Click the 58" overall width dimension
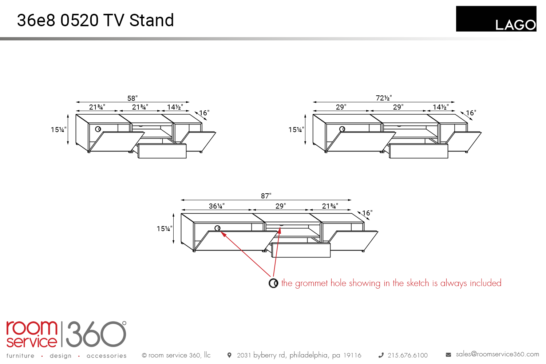[132, 98]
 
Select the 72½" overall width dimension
[384, 98]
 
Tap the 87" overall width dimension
[266, 196]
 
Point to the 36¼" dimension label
[217, 206]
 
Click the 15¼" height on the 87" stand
[165, 229]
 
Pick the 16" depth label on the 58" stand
[204, 113]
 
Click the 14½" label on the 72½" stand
[440, 107]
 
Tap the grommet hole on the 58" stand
[98, 129]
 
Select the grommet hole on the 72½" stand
[342, 129]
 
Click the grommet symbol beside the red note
[273, 283]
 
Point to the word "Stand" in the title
[151, 20]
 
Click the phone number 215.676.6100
[407, 355]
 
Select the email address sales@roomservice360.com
[497, 354]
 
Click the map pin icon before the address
[229, 355]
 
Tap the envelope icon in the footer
[448, 355]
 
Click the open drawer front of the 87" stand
[301, 250]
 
